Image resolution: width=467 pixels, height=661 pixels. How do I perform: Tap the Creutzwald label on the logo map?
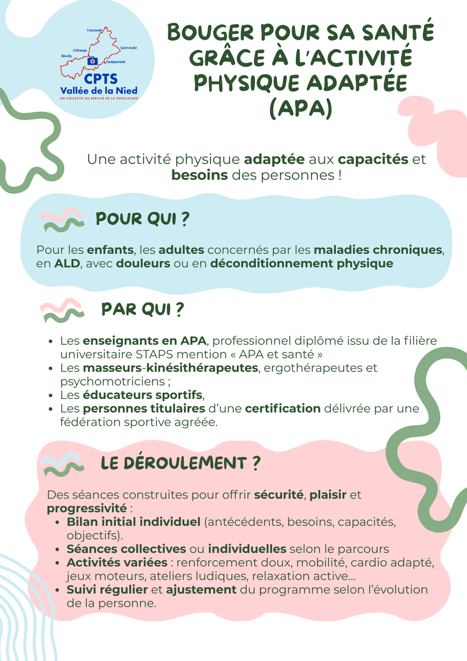tap(95, 31)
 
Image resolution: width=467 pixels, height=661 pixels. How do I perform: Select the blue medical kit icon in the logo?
tap(93, 59)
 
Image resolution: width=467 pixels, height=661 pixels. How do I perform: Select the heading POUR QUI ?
tap(143, 219)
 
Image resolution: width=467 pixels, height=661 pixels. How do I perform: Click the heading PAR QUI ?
tap(143, 310)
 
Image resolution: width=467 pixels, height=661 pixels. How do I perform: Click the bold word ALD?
tap(67, 263)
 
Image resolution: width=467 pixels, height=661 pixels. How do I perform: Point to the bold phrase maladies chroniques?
tap(378, 250)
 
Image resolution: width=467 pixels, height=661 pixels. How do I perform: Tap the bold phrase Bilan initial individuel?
tap(133, 521)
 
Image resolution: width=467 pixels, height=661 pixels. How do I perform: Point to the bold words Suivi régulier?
tap(106, 590)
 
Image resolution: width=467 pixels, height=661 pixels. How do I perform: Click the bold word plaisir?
tap(328, 494)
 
